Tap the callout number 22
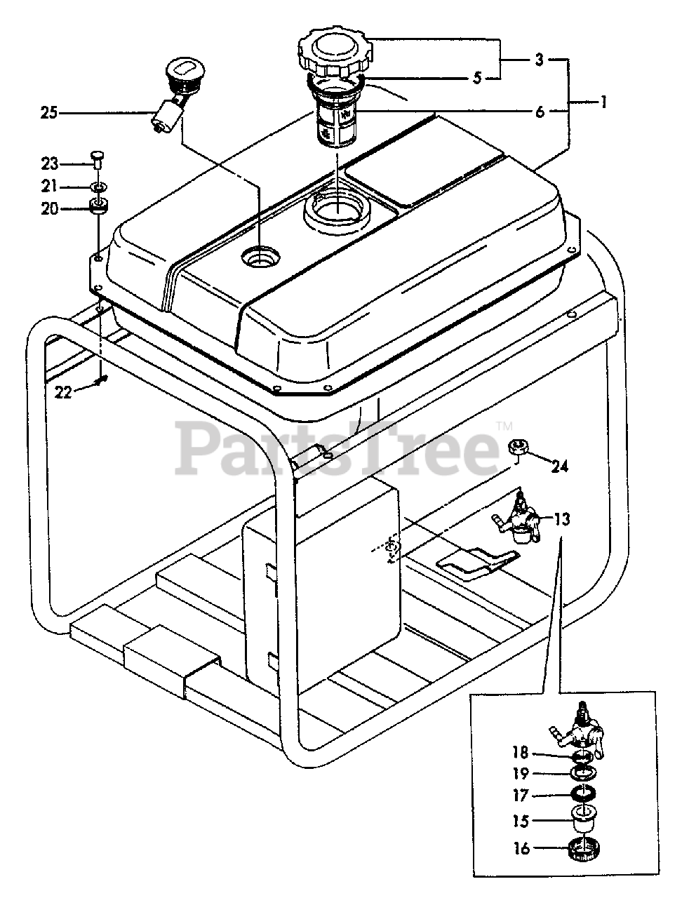[64, 392]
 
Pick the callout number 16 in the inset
[521, 849]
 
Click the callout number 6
[540, 111]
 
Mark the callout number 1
[601, 102]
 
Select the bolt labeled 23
[98, 159]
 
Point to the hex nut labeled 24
[518, 446]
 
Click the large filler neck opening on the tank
[337, 210]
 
